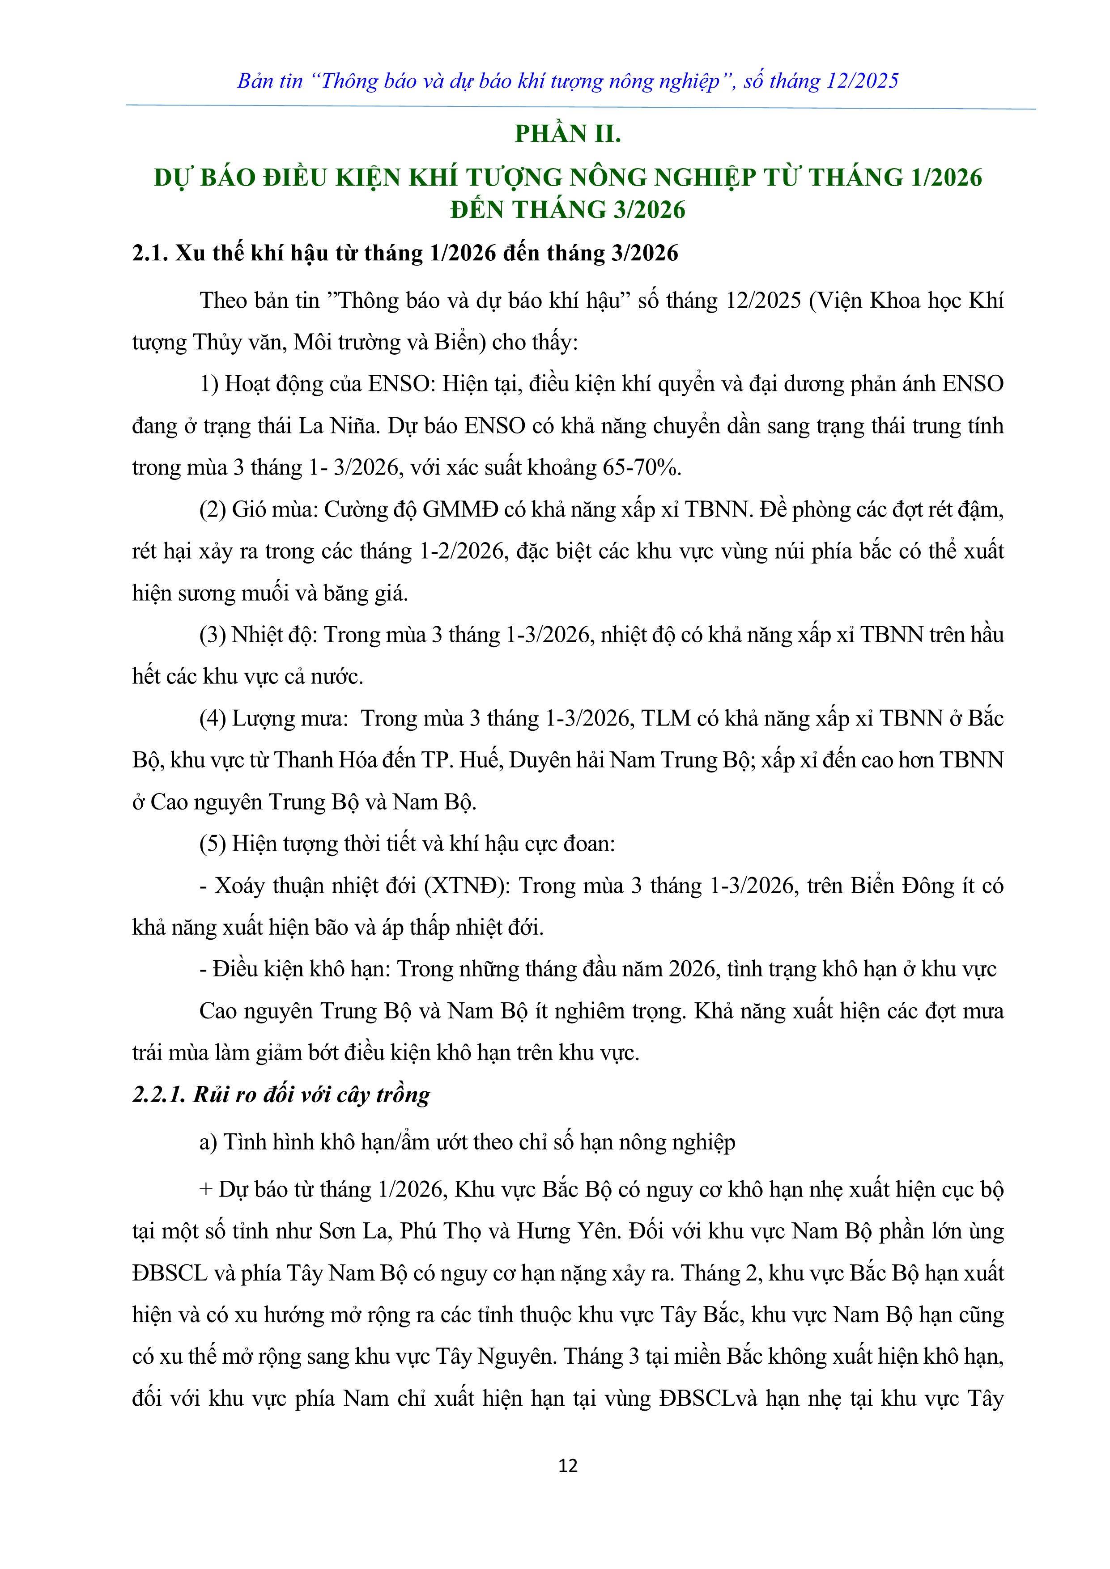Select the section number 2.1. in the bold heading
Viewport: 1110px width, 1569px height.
click(150, 254)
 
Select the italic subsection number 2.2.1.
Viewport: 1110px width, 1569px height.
click(158, 1095)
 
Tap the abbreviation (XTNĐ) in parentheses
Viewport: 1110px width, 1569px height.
click(467, 886)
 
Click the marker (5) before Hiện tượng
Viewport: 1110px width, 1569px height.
click(213, 844)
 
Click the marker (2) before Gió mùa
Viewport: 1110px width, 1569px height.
click(213, 510)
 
